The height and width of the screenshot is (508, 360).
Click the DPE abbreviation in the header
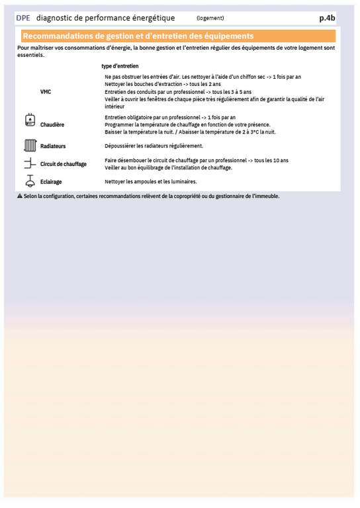click(x=23, y=19)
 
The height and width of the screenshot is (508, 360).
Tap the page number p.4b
click(x=327, y=19)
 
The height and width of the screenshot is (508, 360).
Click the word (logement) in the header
click(x=210, y=19)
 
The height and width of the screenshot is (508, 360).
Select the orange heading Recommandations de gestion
click(x=138, y=36)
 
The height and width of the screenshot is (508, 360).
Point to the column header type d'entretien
click(x=120, y=66)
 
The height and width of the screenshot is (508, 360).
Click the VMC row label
click(x=46, y=92)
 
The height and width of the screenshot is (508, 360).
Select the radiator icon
click(x=29, y=146)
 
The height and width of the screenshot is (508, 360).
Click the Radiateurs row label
click(x=53, y=146)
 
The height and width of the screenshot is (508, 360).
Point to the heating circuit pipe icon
click(x=29, y=163)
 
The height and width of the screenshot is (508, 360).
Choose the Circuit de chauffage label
click(x=64, y=164)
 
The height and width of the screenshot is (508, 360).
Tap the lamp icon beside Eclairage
click(x=29, y=181)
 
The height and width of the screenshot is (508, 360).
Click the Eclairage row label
click(x=52, y=181)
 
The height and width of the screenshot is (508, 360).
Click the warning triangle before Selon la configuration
click(x=20, y=196)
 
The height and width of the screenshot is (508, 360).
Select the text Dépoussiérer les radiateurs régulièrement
click(x=154, y=146)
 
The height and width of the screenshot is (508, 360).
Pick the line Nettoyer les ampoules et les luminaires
click(x=151, y=181)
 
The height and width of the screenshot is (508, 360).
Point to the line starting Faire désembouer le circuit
click(x=197, y=160)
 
